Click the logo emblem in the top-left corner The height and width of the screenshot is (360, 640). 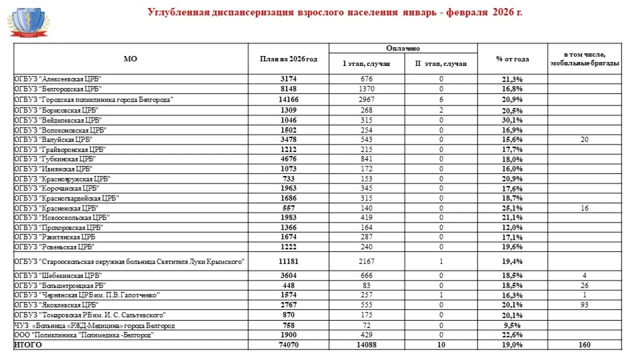[28, 22]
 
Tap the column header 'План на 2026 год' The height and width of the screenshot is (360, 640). [288, 59]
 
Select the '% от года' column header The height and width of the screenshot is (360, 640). [512, 59]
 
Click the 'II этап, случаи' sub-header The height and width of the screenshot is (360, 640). [441, 63]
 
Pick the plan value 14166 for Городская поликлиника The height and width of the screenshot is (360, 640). [288, 99]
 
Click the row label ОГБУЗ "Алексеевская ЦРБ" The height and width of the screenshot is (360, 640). [58, 79]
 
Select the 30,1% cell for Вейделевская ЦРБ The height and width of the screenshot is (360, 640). [512, 120]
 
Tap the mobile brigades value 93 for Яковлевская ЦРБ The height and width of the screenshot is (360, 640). [584, 305]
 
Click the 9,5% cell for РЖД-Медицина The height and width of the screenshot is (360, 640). [512, 325]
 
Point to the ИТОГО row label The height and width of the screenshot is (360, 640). [28, 345]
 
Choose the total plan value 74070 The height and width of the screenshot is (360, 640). [288, 345]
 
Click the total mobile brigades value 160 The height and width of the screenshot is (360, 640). [584, 345]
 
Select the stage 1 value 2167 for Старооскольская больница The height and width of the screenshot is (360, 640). [366, 261]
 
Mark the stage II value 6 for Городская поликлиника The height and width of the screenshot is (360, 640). [441, 99]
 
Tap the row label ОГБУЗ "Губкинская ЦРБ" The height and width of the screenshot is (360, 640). [55, 159]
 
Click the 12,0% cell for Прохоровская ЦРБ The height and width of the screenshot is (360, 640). [512, 227]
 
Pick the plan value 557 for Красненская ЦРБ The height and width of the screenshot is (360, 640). [288, 208]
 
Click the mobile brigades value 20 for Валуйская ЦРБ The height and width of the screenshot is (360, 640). [584, 139]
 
